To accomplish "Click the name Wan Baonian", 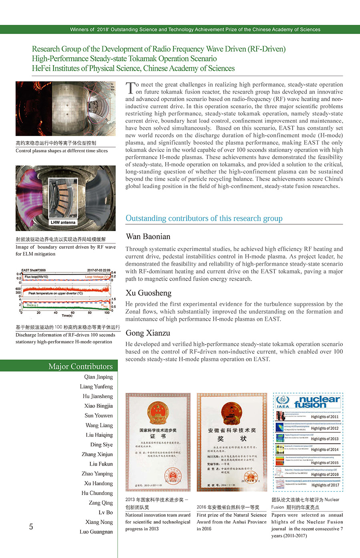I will tap(148, 237).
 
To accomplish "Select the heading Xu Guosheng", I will tap(148, 293).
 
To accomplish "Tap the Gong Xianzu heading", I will tap(148, 333).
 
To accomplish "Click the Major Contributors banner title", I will tap(80, 366).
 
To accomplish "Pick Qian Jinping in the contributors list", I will tap(98, 377).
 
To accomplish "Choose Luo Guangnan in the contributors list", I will tap(96, 532).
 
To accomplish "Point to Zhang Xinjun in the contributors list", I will tap(97, 454).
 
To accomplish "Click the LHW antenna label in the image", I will tap(63, 222).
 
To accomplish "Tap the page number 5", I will tap(31, 526).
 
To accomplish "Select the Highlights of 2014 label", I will tap(324, 450).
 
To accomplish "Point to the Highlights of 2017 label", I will tap(325, 485).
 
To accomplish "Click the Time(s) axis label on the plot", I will tap(67, 316).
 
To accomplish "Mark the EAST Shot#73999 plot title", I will tap(34, 270).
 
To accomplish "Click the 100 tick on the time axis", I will tap(107, 313).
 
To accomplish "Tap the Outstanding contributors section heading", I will tap(204, 218).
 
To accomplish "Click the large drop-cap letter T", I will tap(130, 88).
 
